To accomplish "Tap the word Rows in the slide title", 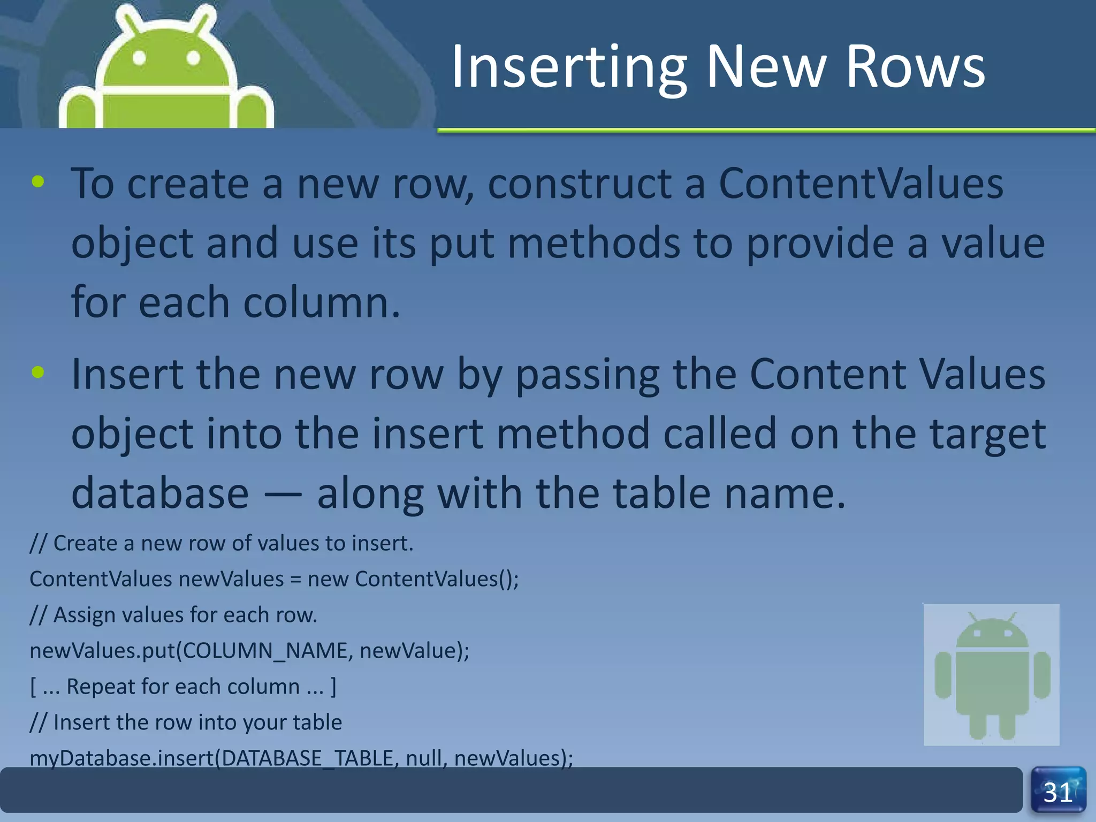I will [915, 67].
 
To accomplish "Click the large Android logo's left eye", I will [139, 57].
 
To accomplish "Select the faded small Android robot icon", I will [992, 675].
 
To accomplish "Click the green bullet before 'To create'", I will [38, 182].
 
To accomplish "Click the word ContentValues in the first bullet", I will [861, 184].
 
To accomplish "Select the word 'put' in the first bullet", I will [461, 244].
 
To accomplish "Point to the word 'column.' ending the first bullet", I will [322, 302].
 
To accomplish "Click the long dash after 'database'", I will [283, 493].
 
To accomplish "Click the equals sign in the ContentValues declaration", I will [295, 580].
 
